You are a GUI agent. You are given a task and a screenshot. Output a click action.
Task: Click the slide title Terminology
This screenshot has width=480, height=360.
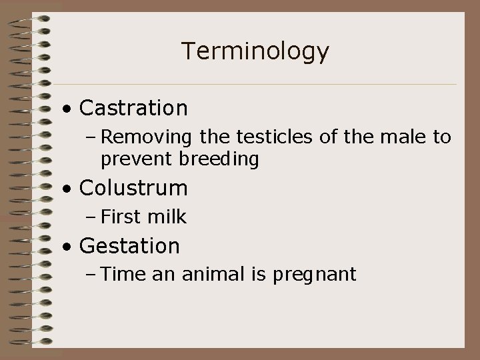click(x=255, y=51)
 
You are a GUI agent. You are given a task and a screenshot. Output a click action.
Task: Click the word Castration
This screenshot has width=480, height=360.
click(x=133, y=107)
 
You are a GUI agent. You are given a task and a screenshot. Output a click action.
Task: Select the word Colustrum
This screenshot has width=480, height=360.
click(x=133, y=188)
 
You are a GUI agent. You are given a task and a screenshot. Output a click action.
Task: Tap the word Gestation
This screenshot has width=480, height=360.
click(x=129, y=246)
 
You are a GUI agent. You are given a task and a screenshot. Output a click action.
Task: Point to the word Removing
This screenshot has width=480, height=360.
click(x=146, y=137)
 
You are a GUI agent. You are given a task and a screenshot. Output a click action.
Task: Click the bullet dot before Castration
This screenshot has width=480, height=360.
click(x=68, y=109)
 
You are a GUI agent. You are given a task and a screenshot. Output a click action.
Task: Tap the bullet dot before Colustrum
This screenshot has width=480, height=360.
click(x=68, y=189)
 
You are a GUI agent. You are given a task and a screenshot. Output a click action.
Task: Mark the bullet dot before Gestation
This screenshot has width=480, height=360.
click(x=68, y=247)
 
